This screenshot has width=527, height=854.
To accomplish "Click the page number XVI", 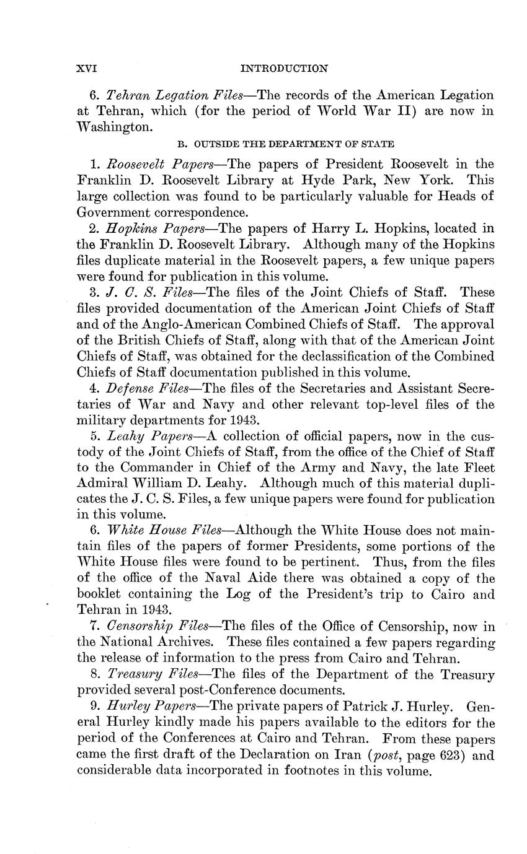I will point(87,68).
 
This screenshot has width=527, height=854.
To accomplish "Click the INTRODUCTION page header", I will point(283,68).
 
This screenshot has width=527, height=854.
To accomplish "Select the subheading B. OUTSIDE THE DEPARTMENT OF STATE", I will point(285,144).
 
